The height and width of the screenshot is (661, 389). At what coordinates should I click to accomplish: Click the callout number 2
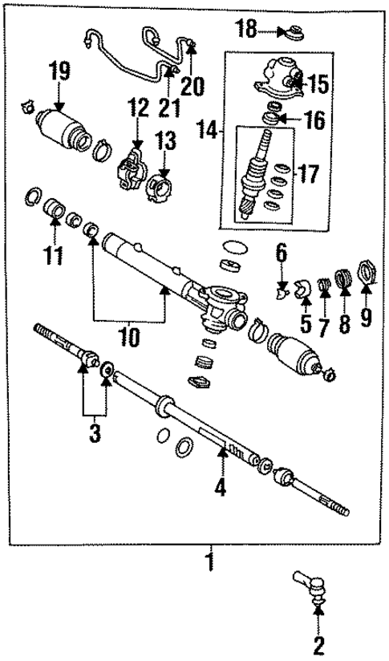318,644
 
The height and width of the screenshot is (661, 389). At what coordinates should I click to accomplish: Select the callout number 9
366,319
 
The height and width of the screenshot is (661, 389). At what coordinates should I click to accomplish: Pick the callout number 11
55,258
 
